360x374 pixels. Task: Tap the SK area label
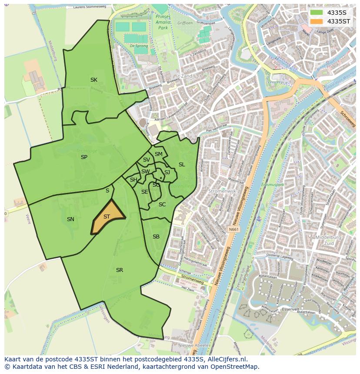pos(94,80)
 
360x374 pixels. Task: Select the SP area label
pos(84,157)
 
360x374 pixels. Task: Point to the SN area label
pos(70,219)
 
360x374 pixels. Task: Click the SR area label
pos(120,270)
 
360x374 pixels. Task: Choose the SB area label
pos(156,237)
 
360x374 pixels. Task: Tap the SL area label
pos(182,165)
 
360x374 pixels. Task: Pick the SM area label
pos(159,154)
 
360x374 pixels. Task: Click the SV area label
pos(147,160)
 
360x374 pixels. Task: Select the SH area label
pos(133,180)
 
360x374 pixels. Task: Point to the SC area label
pos(162,205)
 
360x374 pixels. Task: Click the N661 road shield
pos(234,229)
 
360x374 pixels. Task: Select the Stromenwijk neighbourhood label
pos(222,190)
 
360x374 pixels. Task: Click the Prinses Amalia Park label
pos(162,22)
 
